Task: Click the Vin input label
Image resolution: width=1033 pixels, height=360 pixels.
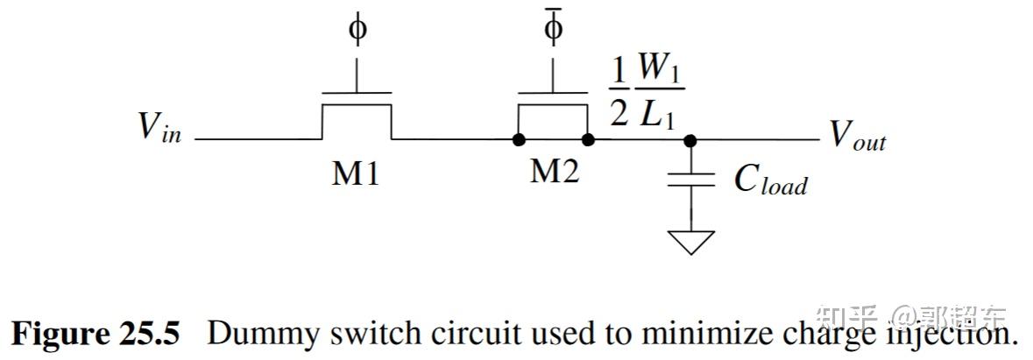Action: point(159,129)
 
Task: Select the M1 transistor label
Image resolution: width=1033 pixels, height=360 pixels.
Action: point(355,174)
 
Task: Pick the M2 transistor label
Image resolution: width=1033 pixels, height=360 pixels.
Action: point(554,172)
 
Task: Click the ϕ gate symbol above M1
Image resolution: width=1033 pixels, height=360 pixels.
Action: point(357,30)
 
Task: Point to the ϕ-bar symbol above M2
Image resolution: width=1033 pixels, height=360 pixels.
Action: point(554,27)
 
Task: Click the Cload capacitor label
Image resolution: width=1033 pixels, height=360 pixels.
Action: point(769,180)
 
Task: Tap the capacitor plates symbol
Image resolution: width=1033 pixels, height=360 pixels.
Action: point(691,180)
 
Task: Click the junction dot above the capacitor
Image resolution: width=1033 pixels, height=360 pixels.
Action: point(691,139)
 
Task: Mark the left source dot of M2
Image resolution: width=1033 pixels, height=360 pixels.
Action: point(519,139)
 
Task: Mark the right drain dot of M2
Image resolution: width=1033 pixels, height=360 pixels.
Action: point(588,139)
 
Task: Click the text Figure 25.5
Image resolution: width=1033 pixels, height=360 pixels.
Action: point(96,334)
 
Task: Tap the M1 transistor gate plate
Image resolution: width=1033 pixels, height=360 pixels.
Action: point(357,90)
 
